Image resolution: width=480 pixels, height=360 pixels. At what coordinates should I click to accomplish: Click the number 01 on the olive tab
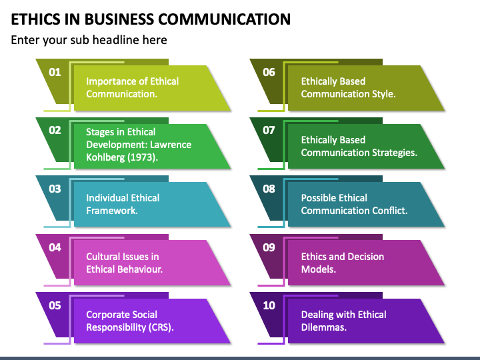(x=55, y=72)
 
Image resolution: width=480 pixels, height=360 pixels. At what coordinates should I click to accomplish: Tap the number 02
(x=55, y=131)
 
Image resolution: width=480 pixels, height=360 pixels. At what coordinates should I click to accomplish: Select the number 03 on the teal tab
(x=55, y=189)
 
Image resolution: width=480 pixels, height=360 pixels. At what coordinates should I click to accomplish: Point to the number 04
(x=55, y=247)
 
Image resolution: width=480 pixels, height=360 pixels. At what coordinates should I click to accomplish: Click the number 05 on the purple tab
(x=55, y=305)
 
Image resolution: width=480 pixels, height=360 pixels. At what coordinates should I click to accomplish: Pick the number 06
(x=269, y=72)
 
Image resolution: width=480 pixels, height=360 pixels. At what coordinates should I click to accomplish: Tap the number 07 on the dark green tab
(x=269, y=131)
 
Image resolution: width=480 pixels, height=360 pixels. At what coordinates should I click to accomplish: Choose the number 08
(x=269, y=189)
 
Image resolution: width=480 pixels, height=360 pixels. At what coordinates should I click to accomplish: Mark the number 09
(x=269, y=247)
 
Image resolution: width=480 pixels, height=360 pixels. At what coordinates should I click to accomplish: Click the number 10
(x=269, y=305)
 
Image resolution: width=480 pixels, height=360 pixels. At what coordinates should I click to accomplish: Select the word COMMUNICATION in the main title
(x=225, y=19)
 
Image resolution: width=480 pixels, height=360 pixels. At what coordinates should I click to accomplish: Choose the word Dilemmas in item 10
(x=323, y=327)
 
